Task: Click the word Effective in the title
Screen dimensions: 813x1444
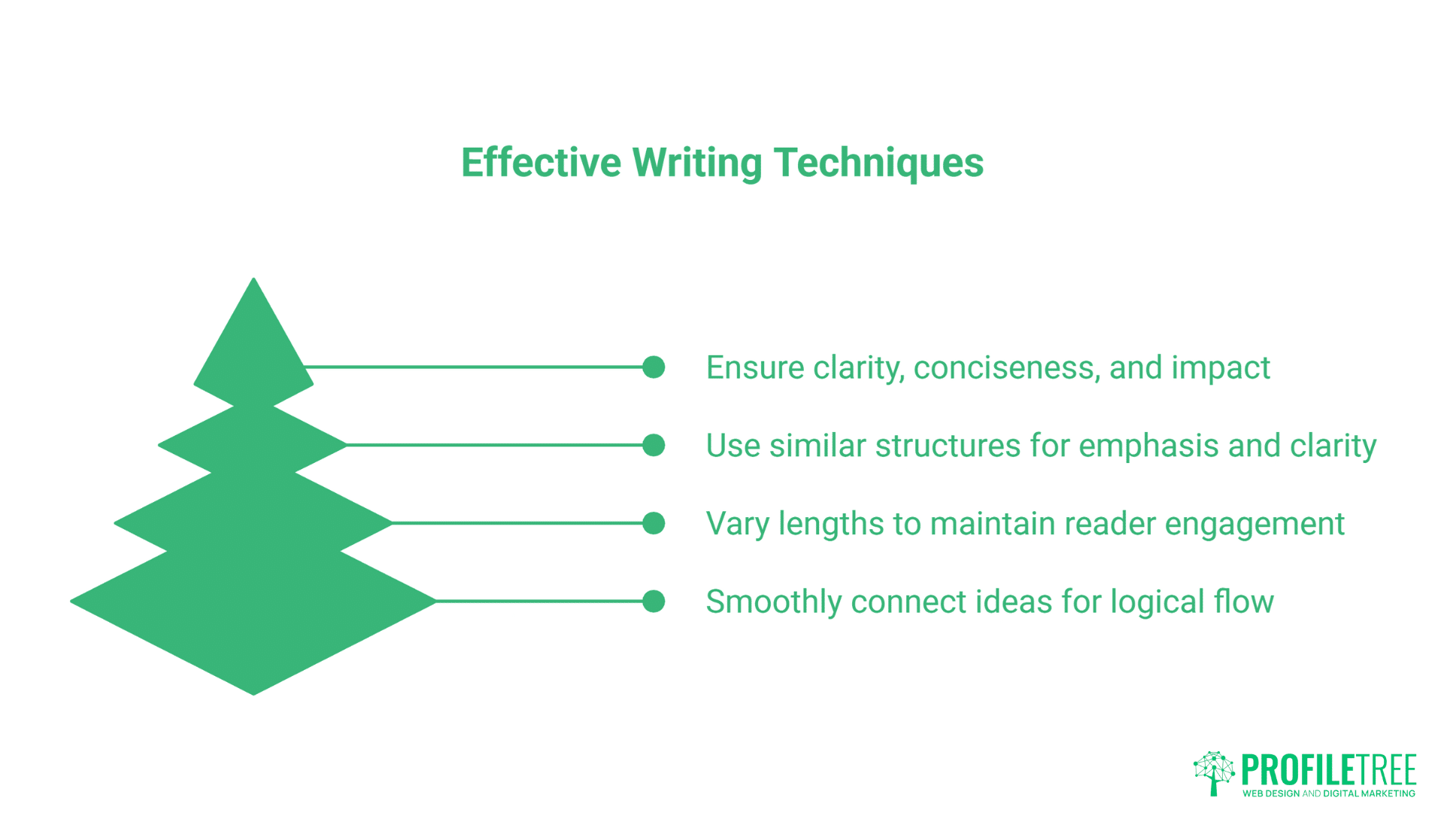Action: [541, 163]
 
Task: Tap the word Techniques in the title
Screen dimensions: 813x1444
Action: [878, 163]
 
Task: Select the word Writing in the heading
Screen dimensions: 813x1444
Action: [697, 163]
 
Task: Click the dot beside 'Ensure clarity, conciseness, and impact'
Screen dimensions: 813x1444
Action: [654, 367]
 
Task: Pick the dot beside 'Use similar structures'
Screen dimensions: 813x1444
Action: [654, 445]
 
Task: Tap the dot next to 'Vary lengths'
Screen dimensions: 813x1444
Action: [654, 523]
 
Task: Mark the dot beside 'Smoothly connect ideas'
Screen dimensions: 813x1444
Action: [654, 601]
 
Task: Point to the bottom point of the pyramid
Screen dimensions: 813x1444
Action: [254, 691]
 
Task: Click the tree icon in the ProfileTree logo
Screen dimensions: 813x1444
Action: [1214, 772]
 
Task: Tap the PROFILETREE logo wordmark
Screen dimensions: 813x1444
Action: [1328, 769]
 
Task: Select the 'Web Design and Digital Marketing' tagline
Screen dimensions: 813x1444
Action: [1328, 793]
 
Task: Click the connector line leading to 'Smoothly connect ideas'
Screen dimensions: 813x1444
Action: [538, 601]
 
